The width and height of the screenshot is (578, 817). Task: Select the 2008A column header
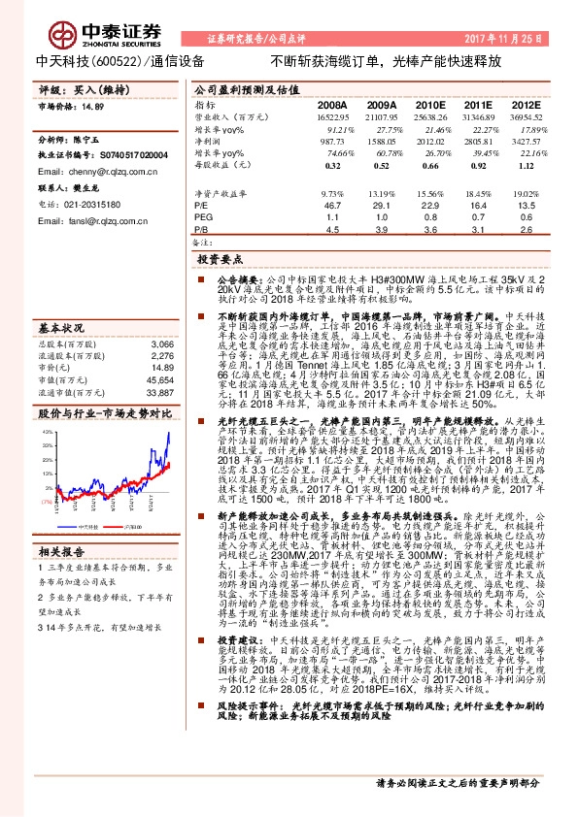point(331,104)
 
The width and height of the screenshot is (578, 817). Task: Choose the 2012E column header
point(525,104)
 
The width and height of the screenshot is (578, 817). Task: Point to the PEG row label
point(203,218)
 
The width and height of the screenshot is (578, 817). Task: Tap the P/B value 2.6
point(526,230)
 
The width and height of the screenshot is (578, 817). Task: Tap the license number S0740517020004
point(116,154)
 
